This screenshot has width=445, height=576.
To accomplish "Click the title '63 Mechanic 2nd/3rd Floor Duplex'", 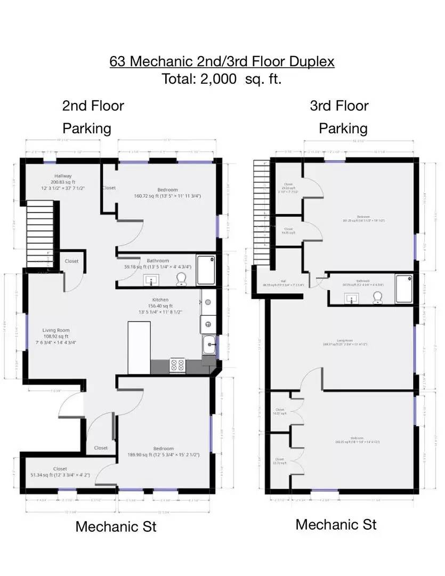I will (222, 61).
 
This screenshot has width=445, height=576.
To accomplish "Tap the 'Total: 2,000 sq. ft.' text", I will (222, 79).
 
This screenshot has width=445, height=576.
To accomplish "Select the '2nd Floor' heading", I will (93, 106).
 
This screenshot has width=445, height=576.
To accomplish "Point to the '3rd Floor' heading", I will (339, 106).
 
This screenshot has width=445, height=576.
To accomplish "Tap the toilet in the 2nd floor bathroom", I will (182, 278).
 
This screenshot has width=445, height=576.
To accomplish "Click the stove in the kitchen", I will (177, 365).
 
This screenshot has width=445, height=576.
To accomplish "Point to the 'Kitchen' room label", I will (160, 300).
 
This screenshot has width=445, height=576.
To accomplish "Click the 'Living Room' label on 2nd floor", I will (56, 331).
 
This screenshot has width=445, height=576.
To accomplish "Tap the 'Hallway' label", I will (63, 176).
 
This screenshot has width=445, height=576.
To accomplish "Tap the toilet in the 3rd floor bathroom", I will (378, 296).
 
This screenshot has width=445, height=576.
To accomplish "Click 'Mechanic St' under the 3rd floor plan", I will (336, 524).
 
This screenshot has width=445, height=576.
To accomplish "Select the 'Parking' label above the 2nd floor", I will (87, 129).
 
